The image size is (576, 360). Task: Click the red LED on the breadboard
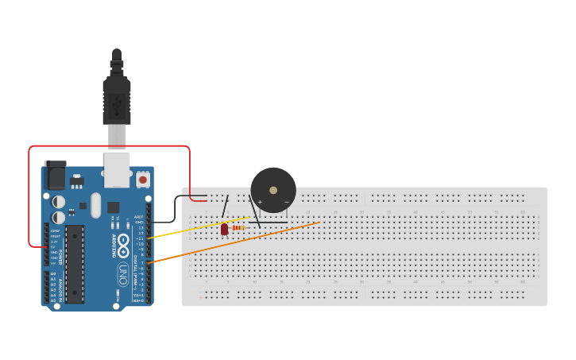[x=224, y=229]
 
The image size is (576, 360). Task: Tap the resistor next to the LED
[x=238, y=228]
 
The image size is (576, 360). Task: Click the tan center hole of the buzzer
[x=273, y=191]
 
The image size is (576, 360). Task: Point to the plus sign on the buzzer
[x=260, y=202]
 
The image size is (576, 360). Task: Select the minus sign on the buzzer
[x=287, y=202]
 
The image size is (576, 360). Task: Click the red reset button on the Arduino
[x=143, y=180]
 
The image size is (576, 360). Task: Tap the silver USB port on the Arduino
[x=117, y=169]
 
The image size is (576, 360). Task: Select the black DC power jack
[x=55, y=175]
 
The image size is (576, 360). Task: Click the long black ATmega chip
[x=74, y=264]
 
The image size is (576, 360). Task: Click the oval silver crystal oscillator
[x=96, y=205]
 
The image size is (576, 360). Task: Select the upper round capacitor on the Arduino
[x=59, y=201]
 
